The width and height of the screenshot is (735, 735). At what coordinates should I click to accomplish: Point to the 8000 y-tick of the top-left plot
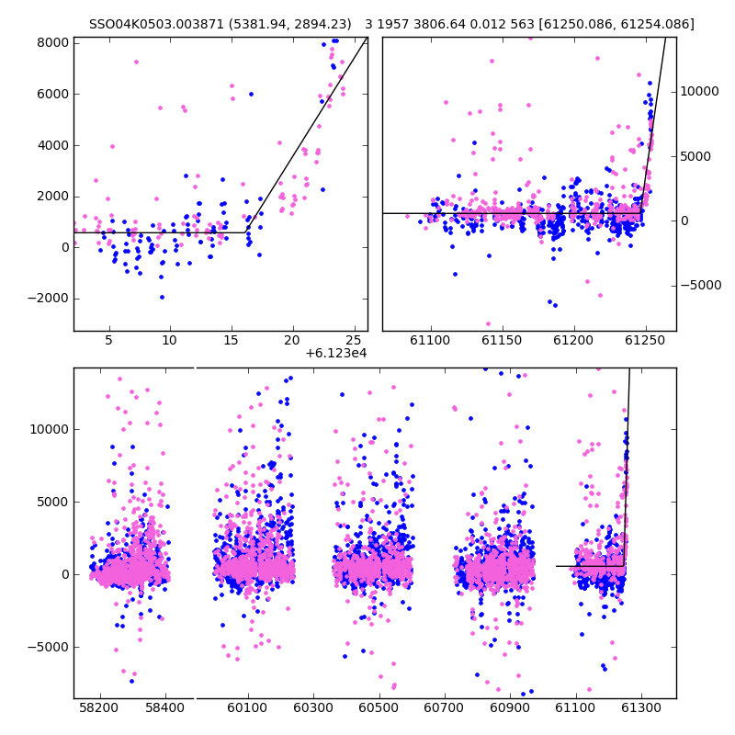[52, 43]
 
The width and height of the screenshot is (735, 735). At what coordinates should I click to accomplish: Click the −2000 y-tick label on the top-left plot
[48, 299]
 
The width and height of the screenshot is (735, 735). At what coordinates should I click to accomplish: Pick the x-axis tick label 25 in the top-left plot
[354, 340]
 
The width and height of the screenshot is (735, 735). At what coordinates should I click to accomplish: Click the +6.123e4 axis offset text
[336, 354]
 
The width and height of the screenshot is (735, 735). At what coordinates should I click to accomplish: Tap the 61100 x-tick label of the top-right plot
[430, 340]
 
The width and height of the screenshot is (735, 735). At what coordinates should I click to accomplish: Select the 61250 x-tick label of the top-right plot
[645, 340]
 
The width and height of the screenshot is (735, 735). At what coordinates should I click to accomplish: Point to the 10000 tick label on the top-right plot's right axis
[699, 91]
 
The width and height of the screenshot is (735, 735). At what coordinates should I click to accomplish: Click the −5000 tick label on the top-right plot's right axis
[701, 285]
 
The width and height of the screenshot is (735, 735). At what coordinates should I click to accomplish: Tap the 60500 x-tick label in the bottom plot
[379, 707]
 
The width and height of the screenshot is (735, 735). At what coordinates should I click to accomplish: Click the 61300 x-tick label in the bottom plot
[640, 707]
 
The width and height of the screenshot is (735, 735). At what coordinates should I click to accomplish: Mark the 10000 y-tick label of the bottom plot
[50, 429]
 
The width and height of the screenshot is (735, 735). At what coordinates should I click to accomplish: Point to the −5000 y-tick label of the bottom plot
[48, 648]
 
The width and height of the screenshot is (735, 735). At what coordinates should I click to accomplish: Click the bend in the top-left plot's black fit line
[245, 232]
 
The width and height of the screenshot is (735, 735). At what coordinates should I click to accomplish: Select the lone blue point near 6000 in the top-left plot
[251, 95]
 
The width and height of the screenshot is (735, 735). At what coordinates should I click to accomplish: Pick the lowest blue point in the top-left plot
[163, 297]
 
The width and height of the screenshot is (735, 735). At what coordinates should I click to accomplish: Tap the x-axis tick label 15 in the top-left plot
[231, 340]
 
